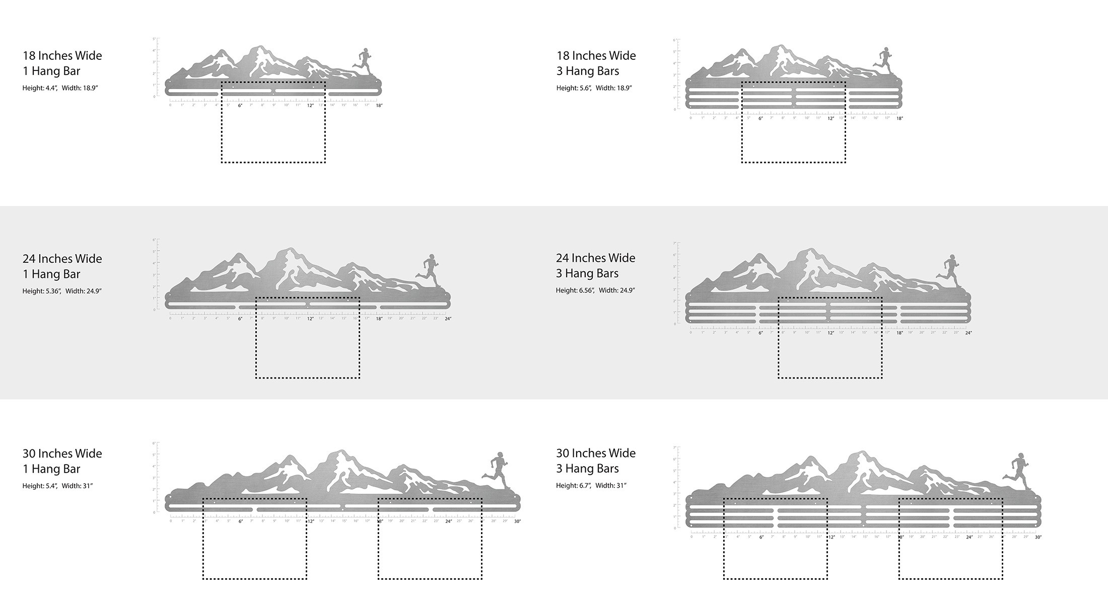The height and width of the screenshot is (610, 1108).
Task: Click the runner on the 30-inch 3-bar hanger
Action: pos(1018,469)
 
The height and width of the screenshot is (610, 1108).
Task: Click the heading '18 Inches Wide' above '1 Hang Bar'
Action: pos(62,55)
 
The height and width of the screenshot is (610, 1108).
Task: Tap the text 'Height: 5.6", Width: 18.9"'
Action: pos(594,88)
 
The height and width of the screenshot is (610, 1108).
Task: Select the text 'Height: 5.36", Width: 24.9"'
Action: pos(62,291)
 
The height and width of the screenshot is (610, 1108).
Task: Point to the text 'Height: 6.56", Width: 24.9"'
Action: pos(595,290)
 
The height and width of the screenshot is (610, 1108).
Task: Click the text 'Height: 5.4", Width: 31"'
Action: pos(57,486)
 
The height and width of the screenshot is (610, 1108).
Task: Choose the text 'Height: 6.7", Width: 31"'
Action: pos(591,486)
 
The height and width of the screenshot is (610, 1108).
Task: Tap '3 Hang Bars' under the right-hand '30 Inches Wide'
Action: pos(587,469)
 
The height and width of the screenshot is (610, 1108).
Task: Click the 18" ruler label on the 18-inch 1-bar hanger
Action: pos(379,106)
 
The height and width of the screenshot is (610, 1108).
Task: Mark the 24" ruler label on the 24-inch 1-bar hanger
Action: pos(448,319)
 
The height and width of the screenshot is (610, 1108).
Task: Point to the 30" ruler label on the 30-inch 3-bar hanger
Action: pos(1038,537)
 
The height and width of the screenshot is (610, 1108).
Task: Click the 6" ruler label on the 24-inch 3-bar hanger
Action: pos(760,333)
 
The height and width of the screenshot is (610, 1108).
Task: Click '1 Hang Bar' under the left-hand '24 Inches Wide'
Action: pos(51,274)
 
